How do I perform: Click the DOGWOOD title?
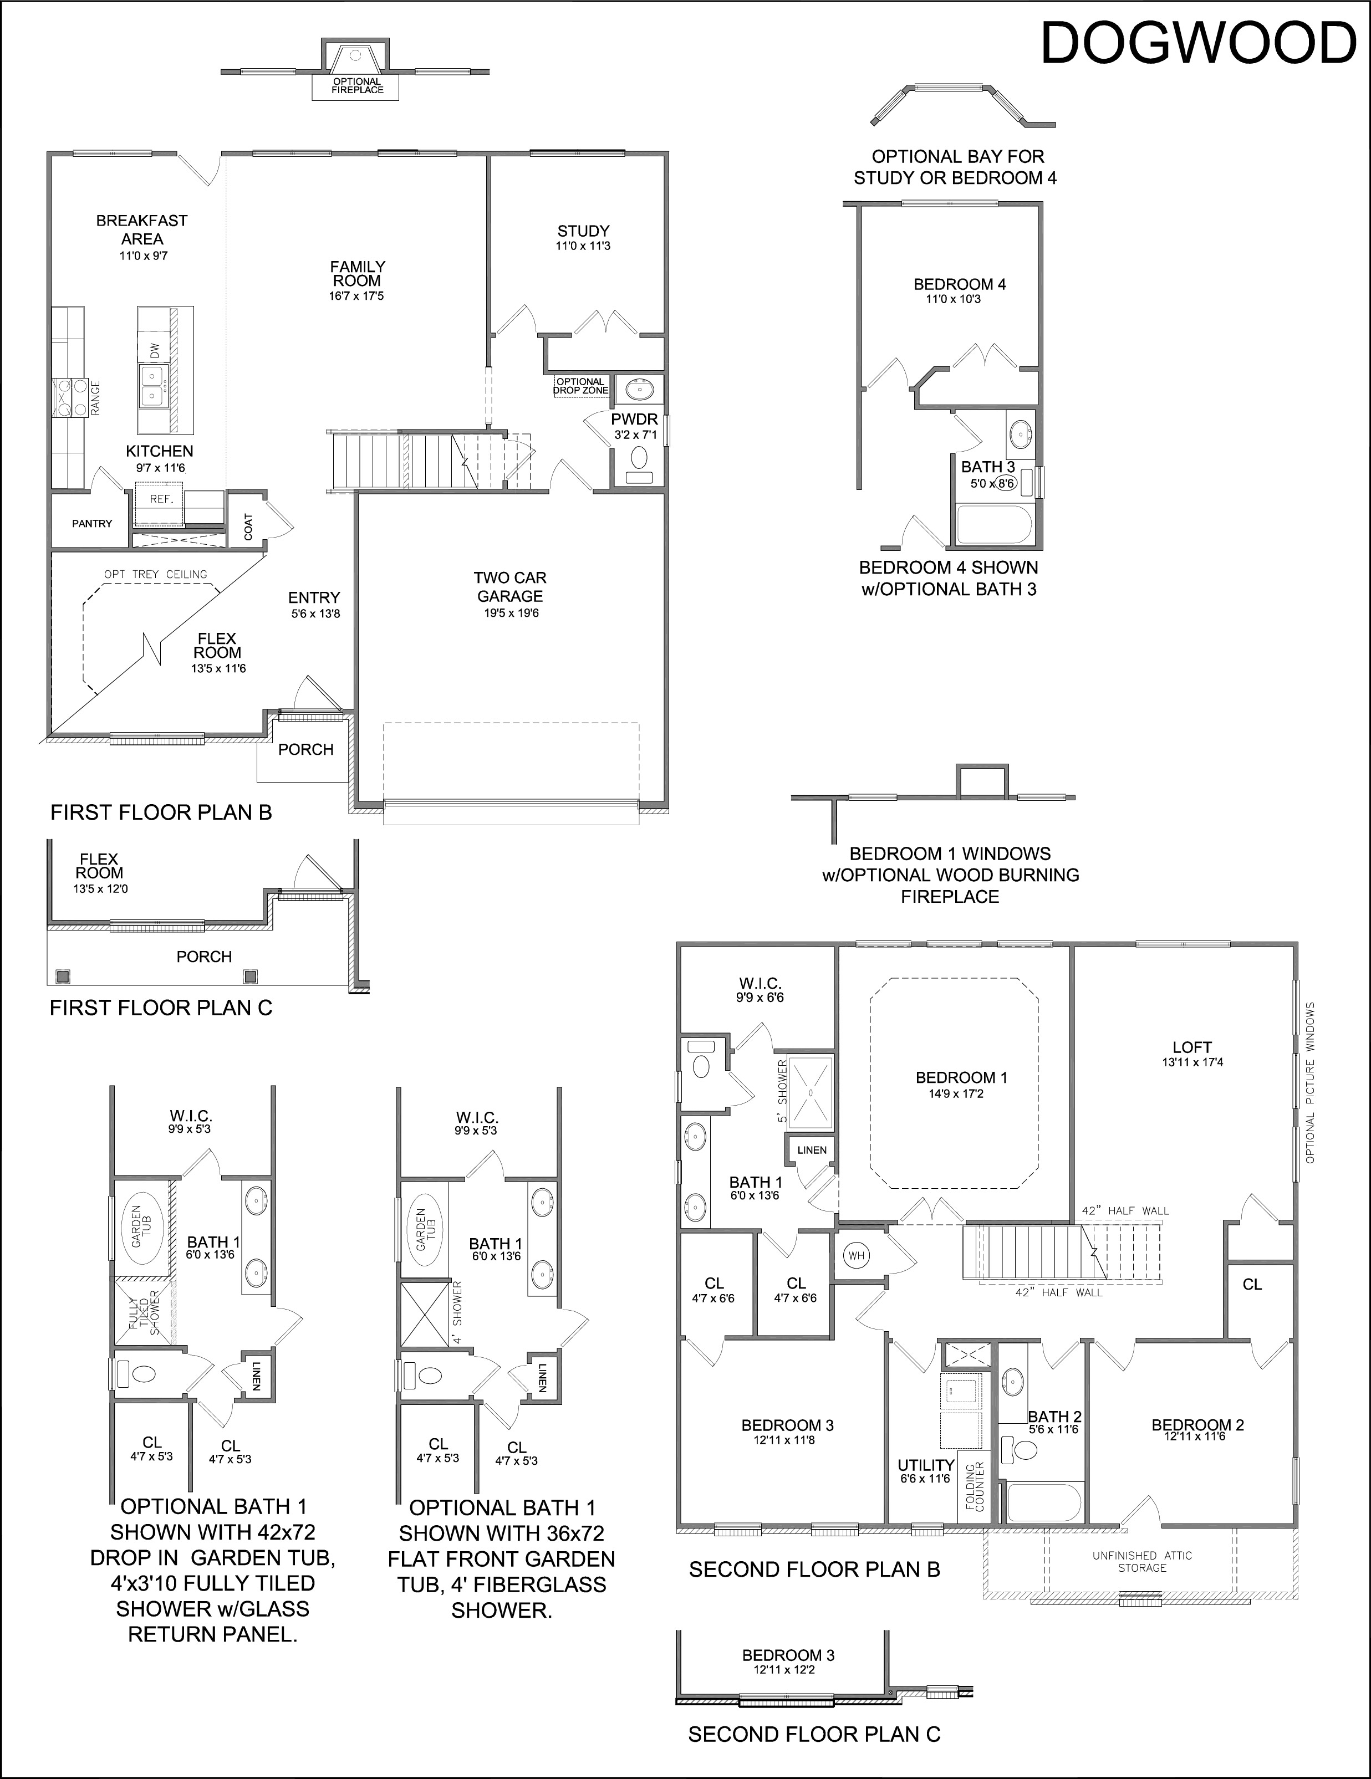1198,43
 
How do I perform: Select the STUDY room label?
583,231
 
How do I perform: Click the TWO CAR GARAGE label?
510,586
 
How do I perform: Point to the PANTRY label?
92,523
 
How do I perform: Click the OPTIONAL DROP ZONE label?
581,386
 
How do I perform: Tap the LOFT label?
1192,1047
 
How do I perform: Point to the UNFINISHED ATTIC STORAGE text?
1142,1562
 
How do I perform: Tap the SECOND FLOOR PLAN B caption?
814,1570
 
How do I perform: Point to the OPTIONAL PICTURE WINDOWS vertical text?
1311,1082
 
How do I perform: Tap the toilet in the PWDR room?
639,462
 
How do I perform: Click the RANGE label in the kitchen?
95,398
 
